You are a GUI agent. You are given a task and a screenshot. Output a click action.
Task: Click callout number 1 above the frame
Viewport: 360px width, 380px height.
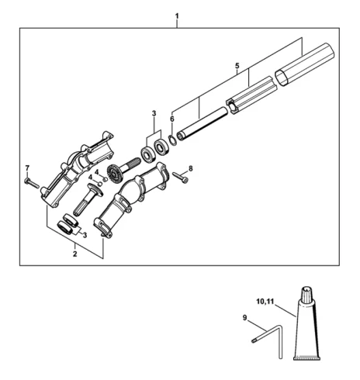[x=177, y=16]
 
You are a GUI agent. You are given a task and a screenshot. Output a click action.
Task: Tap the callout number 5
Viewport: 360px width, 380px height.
[x=237, y=66]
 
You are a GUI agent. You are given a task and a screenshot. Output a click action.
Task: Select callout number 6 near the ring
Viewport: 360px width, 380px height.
[x=172, y=119]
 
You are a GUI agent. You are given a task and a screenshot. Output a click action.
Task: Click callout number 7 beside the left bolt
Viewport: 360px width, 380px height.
[x=27, y=168]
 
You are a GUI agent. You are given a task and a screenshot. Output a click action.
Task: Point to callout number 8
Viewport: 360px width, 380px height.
[x=191, y=168]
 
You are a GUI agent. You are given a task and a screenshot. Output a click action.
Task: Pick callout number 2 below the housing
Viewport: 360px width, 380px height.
[x=74, y=254]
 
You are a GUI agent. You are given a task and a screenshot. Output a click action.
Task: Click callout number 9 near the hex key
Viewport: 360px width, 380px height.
[x=245, y=318]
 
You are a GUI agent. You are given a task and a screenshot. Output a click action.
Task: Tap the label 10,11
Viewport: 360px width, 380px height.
[x=265, y=302]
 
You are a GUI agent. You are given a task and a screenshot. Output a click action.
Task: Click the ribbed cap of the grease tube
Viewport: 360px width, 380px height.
[x=307, y=293]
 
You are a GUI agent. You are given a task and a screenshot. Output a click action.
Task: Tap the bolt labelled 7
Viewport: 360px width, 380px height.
[x=32, y=183]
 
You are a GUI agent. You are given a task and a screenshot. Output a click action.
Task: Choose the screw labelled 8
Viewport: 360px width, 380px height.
[x=180, y=177]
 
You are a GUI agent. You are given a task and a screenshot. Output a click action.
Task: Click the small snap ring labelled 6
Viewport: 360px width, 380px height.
[x=172, y=140]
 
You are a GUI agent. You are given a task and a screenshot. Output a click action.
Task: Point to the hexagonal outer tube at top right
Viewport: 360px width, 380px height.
[x=305, y=64]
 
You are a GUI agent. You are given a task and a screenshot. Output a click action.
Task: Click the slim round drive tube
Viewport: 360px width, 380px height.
[x=202, y=124]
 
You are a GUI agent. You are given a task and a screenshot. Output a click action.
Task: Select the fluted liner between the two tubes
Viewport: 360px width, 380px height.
[x=251, y=95]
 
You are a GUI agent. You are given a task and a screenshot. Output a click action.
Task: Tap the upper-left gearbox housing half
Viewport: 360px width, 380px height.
[x=77, y=169]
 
